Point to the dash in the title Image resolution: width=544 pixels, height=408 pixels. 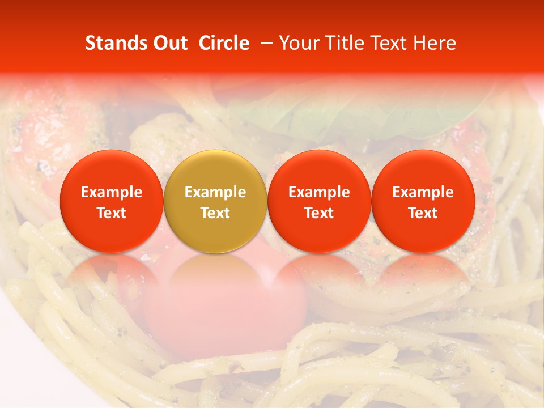pyautogui.click(x=265, y=43)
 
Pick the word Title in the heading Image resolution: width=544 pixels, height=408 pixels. pyautogui.click(x=345, y=43)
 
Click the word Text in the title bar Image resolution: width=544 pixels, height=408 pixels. pyautogui.click(x=390, y=43)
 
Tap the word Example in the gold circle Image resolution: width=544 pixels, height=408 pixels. pyautogui.click(x=215, y=192)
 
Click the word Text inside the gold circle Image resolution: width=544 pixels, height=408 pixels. pyautogui.click(x=215, y=213)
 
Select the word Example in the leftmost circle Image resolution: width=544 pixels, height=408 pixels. pyautogui.click(x=112, y=192)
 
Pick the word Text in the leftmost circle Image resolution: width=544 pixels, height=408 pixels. pyautogui.click(x=112, y=213)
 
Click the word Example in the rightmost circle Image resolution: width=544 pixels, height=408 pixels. pyautogui.click(x=423, y=192)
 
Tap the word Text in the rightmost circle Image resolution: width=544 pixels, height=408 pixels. pyautogui.click(x=423, y=213)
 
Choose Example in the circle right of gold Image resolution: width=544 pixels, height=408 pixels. pyautogui.click(x=319, y=192)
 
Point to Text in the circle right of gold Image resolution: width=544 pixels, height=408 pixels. pyautogui.click(x=319, y=213)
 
